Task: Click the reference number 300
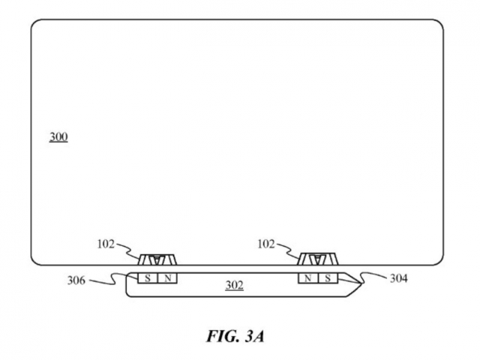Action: coord(58,137)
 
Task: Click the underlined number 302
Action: coord(235,285)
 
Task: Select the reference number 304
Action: coord(399,277)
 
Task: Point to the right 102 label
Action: coord(265,244)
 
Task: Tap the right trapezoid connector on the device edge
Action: coord(319,260)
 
